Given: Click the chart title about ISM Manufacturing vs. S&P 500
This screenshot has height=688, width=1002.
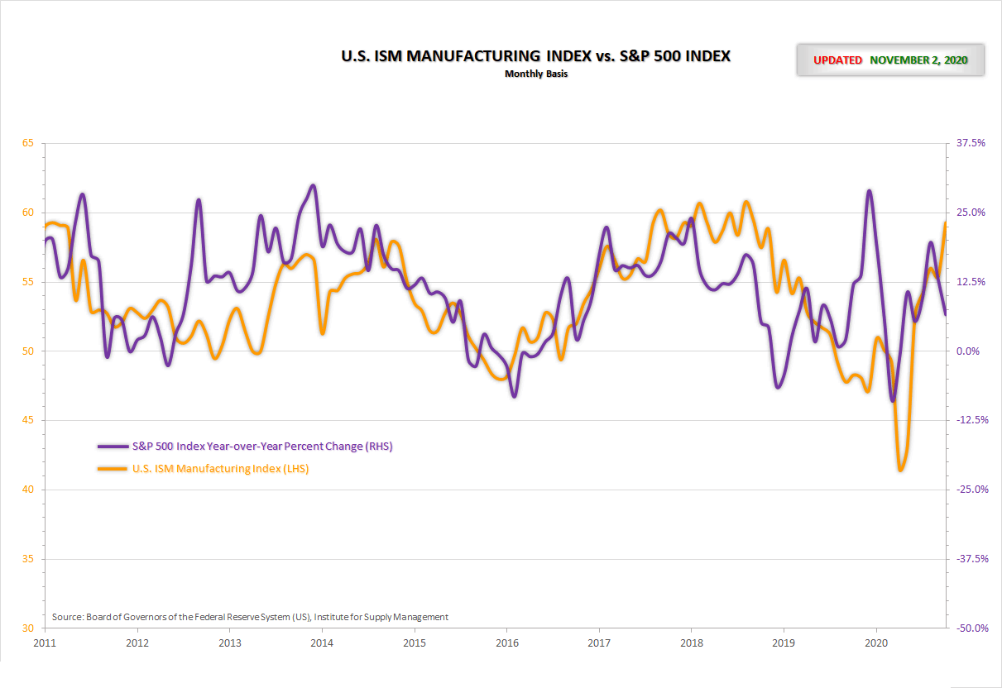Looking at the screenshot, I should [536, 56].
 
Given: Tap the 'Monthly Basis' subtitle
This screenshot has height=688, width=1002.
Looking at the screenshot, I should [536, 74].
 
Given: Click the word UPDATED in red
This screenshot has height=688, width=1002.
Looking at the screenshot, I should [837, 60].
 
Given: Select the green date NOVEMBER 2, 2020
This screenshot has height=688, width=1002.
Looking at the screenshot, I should [918, 60].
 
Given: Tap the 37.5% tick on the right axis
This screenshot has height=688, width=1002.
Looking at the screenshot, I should [971, 143].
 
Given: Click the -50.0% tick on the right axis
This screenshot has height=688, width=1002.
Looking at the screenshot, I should [971, 628].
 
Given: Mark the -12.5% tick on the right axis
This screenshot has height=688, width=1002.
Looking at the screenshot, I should [971, 420].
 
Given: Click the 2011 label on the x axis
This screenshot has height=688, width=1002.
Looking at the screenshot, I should [45, 643].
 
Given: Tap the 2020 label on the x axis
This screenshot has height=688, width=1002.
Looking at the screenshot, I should [876, 643].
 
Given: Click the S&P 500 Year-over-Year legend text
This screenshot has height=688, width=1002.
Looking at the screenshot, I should [262, 447].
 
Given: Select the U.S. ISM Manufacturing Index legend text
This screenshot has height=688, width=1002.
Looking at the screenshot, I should [221, 469].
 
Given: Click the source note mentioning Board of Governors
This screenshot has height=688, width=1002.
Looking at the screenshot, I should [250, 617].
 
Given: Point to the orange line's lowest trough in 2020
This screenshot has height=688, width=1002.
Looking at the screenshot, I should [900, 470].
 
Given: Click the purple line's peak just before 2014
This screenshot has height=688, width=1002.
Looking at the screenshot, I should [313, 185].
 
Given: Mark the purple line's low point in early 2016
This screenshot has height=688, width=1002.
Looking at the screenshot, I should [514, 396].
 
